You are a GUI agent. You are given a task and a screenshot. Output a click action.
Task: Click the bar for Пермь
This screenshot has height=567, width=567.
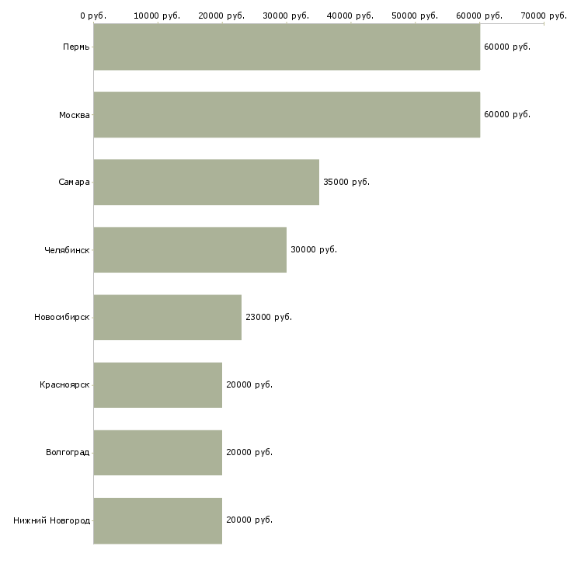coord(287,47)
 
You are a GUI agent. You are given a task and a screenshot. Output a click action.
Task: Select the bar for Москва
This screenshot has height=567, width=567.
coord(287,115)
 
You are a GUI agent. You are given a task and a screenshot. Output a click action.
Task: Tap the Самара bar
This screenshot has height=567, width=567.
coord(206,183)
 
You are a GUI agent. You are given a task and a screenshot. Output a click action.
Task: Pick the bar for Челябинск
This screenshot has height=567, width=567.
coord(190,250)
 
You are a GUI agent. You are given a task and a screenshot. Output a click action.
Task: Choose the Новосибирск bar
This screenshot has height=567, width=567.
coord(167,318)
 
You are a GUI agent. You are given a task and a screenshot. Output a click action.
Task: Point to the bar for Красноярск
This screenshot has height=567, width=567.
coord(158,385)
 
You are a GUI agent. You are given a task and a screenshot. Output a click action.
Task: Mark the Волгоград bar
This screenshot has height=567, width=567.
coord(158,453)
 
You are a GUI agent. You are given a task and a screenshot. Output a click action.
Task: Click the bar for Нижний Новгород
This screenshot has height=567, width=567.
coord(158,520)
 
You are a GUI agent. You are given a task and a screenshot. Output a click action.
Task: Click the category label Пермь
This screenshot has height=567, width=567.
coord(76,47)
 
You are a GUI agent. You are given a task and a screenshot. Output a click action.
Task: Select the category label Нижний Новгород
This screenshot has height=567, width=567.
coord(51,520)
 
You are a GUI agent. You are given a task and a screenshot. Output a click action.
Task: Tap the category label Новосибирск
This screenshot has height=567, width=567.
coord(62,318)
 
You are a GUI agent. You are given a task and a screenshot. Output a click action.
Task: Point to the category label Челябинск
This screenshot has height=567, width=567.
coord(67,250)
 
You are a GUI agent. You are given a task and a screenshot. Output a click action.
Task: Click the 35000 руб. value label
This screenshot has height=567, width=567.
coord(346,183)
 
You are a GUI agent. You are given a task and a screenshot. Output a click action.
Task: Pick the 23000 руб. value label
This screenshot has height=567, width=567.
coord(269,318)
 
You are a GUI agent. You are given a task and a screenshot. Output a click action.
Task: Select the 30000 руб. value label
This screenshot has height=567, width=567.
coord(314,250)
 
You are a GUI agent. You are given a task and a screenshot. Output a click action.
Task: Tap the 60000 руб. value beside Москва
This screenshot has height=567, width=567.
coord(507,115)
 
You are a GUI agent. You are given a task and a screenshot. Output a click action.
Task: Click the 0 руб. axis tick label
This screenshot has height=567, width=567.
coord(93,16)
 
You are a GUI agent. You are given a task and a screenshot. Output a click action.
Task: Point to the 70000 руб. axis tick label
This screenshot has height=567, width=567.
coord(544,16)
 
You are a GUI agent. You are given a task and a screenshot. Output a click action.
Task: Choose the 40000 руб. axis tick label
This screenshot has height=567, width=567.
coord(351,16)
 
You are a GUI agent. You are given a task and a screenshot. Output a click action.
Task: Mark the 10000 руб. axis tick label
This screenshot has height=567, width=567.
coord(158,16)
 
